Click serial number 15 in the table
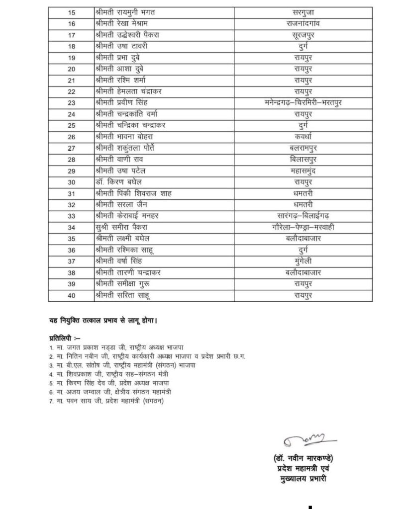tap(72, 11)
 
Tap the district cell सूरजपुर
tap(302, 35)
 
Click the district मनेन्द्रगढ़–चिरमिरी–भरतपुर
tap(302, 103)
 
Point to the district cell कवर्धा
tap(302, 137)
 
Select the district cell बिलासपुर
tap(302, 160)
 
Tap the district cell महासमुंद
tap(302, 170)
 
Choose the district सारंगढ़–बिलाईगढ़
tap(302, 216)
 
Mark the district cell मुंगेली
tap(302, 261)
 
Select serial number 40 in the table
tap(72, 295)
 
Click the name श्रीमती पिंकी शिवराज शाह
tap(132, 193)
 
